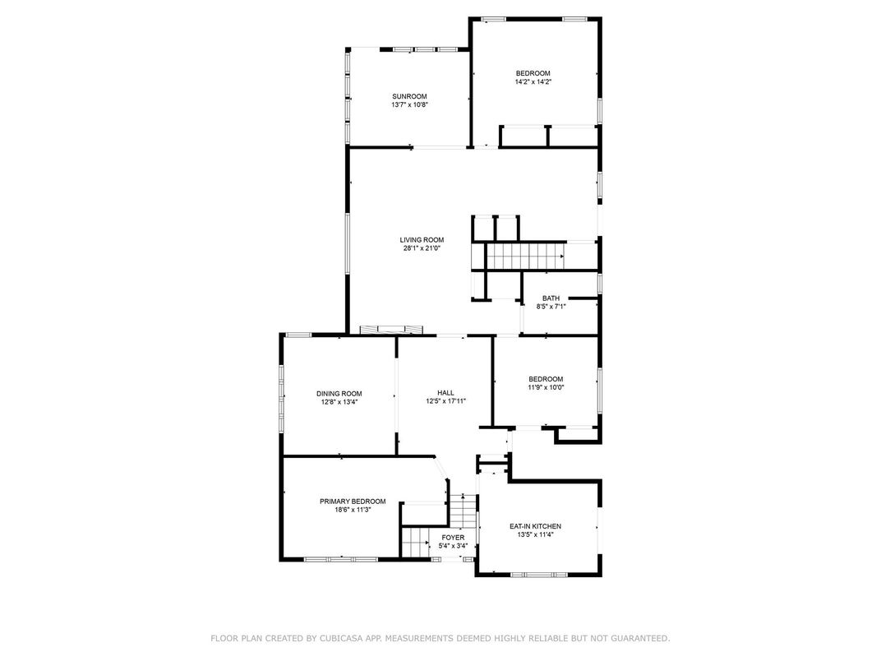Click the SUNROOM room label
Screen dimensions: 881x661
click(x=409, y=96)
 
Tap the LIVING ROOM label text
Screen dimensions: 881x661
click(x=422, y=240)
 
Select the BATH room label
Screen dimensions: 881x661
click(x=551, y=298)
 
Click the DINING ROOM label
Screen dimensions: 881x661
click(x=339, y=394)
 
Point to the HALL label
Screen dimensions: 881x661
click(x=446, y=393)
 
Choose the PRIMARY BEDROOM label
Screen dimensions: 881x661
click(x=353, y=502)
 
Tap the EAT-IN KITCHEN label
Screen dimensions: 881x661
click(x=536, y=527)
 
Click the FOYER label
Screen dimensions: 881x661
click(x=453, y=538)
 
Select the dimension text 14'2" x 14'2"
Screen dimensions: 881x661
click(x=533, y=81)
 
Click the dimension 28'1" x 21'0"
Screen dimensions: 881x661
click(x=422, y=248)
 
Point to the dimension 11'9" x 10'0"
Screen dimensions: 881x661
click(x=546, y=386)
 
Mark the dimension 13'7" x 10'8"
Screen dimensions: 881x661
click(x=410, y=104)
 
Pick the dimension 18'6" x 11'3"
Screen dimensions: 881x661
click(x=353, y=510)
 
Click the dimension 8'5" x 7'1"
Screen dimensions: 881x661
click(x=551, y=307)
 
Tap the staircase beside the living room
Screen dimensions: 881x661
click(x=525, y=257)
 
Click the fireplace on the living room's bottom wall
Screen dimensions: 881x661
click(x=391, y=330)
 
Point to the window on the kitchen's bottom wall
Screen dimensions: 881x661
click(x=539, y=575)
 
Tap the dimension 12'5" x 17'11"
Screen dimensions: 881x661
click(x=446, y=401)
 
